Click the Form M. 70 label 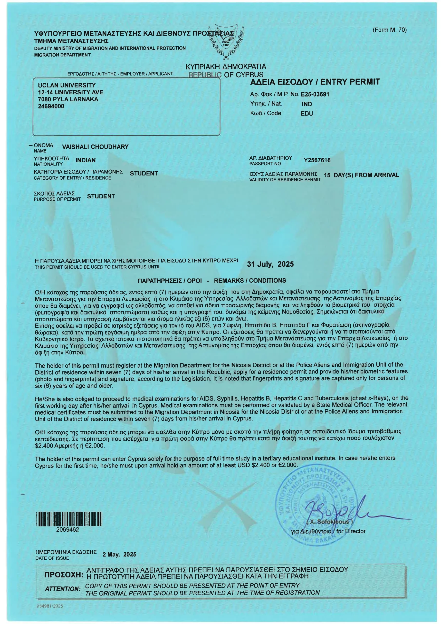tap(389, 30)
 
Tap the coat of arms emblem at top tap(226, 41)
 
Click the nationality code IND tap(307, 104)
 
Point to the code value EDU tap(307, 114)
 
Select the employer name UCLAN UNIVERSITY tap(67, 85)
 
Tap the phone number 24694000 tap(51, 106)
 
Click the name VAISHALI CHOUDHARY tap(95, 147)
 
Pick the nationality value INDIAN tap(86, 160)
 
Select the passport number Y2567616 tap(317, 160)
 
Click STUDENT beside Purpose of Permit tap(101, 196)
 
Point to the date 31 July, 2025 tap(270, 264)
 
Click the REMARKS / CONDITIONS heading tap(250, 281)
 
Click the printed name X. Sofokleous tap(329, 522)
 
